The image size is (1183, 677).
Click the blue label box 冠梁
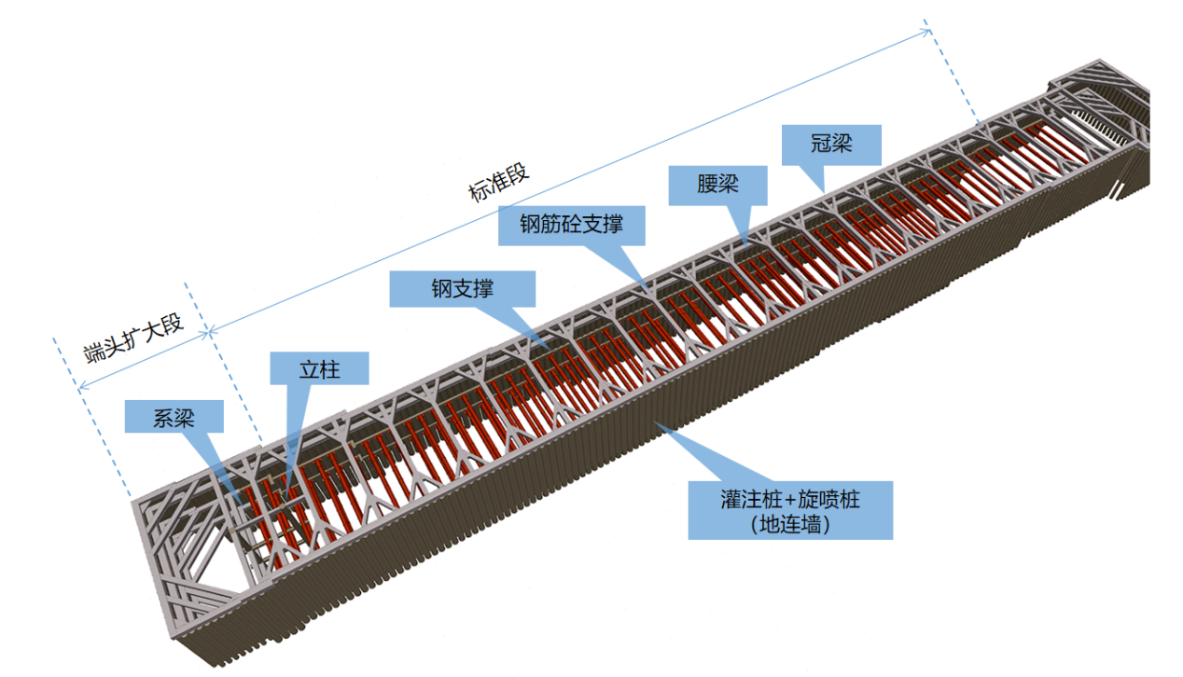pyautogui.click(x=831, y=145)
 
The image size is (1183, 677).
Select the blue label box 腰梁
pyautogui.click(x=717, y=186)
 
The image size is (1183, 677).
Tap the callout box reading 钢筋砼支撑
pyautogui.click(x=571, y=226)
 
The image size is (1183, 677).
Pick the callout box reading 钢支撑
pyautogui.click(x=462, y=289)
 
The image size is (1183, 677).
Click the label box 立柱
pyautogui.click(x=319, y=368)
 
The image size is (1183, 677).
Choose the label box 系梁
pyautogui.click(x=174, y=416)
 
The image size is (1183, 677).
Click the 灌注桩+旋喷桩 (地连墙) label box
pyautogui.click(x=790, y=510)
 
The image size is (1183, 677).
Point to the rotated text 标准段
pyautogui.click(x=498, y=183)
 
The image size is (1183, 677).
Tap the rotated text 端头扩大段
pyautogui.click(x=133, y=338)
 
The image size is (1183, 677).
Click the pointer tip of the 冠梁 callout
pyautogui.click(x=824, y=193)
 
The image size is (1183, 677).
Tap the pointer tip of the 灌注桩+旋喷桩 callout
pyautogui.click(x=655, y=422)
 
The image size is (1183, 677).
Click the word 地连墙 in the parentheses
pyautogui.click(x=790, y=524)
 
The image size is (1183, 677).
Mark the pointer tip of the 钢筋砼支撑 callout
pyautogui.click(x=649, y=288)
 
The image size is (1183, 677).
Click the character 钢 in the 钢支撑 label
pyautogui.click(x=441, y=289)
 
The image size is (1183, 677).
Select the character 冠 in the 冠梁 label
pyautogui.click(x=821, y=144)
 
